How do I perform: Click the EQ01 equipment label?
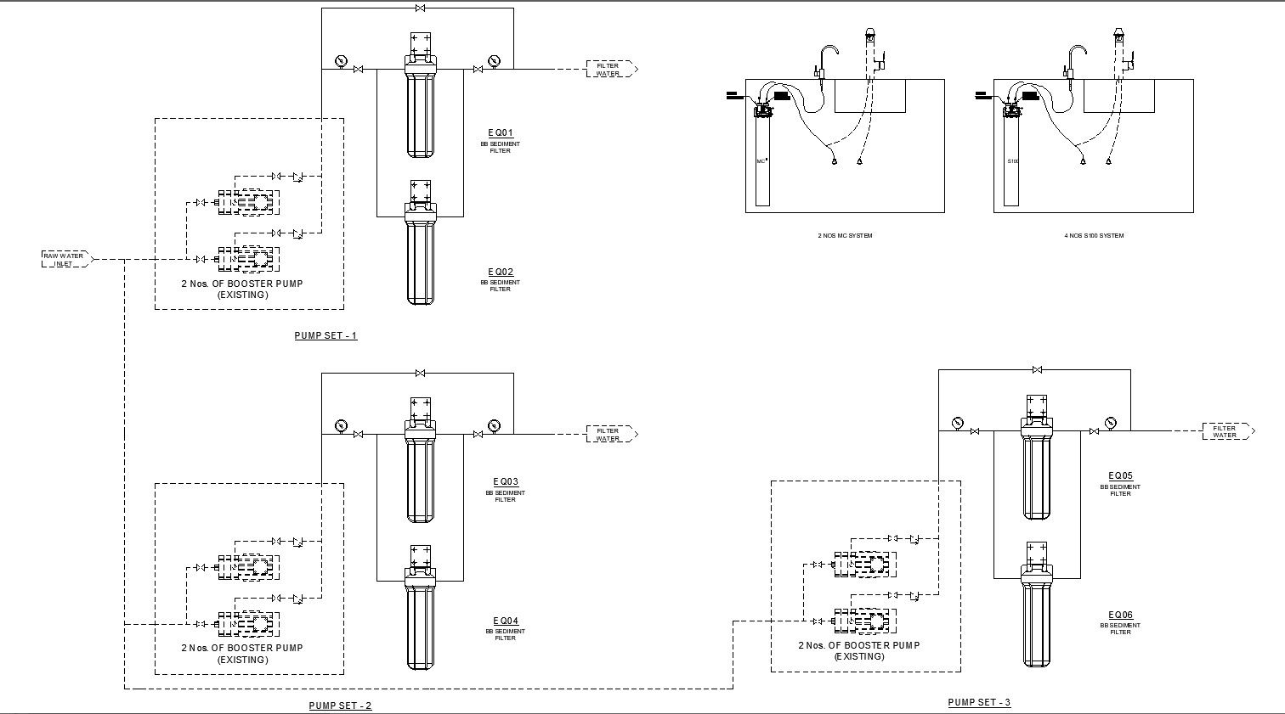501,132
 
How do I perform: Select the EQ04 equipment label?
505,621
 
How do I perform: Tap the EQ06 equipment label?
1120,616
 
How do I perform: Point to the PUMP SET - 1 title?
325,335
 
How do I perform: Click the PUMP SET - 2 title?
340,706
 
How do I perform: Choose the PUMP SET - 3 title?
979,702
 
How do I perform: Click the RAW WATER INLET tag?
65,259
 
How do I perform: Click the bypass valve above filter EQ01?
420,8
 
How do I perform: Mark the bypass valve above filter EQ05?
1037,369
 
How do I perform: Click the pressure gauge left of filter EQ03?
341,425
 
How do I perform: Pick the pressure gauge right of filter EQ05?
1110,422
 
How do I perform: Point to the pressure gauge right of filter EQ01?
494,60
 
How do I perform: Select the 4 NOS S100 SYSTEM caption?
1093,235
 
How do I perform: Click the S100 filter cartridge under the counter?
1011,161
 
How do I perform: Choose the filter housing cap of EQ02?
420,194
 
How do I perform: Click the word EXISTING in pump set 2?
242,660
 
